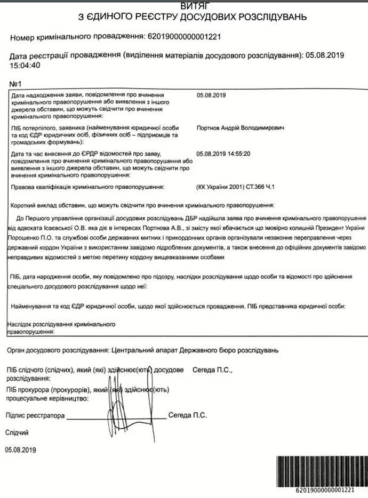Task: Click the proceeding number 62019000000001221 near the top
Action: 183,37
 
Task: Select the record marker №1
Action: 15,84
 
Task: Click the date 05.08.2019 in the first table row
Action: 212,95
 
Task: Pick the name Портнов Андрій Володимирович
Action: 240,128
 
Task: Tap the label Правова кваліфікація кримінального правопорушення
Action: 88,187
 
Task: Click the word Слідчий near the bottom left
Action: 17,432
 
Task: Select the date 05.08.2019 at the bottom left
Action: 20,450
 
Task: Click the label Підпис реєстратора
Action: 35,415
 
